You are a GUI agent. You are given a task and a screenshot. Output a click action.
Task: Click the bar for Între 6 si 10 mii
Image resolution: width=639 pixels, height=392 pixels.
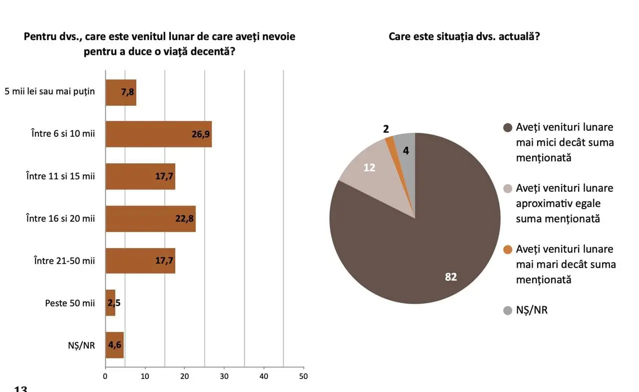point(158,134)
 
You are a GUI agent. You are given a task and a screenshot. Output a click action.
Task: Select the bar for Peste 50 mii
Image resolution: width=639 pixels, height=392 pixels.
point(110,303)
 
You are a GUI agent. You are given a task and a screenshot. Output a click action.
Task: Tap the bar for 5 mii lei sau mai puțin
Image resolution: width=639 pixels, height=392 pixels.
point(120,92)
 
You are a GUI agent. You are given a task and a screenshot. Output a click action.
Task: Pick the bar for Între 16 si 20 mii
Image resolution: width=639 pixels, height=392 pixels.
point(150,218)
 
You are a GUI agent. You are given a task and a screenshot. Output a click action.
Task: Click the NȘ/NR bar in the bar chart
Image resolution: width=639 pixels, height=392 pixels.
point(114,345)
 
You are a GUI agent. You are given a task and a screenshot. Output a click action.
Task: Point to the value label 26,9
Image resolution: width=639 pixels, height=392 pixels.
point(201,134)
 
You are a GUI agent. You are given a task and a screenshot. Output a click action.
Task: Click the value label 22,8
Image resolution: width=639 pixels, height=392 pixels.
point(185,219)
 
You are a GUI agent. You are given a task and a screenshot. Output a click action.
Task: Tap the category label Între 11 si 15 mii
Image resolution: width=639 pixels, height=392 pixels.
point(60,176)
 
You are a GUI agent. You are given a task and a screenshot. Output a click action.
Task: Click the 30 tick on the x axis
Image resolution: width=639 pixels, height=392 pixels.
point(224,376)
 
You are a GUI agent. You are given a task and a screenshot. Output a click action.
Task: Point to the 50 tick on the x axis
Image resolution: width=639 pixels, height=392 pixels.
point(303,376)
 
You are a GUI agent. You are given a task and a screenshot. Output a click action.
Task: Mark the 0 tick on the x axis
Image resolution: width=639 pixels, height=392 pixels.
point(105,376)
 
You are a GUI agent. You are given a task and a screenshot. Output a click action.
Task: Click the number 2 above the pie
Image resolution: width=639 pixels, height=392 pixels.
point(386,129)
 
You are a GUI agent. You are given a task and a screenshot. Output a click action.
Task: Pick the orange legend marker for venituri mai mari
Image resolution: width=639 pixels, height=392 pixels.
point(508,249)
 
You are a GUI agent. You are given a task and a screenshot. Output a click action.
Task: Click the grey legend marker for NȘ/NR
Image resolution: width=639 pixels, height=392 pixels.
point(508,310)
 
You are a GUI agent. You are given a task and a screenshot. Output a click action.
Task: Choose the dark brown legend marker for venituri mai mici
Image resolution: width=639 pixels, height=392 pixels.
point(508,127)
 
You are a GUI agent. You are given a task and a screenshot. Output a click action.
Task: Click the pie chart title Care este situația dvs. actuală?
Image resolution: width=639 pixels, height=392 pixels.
point(464,37)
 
